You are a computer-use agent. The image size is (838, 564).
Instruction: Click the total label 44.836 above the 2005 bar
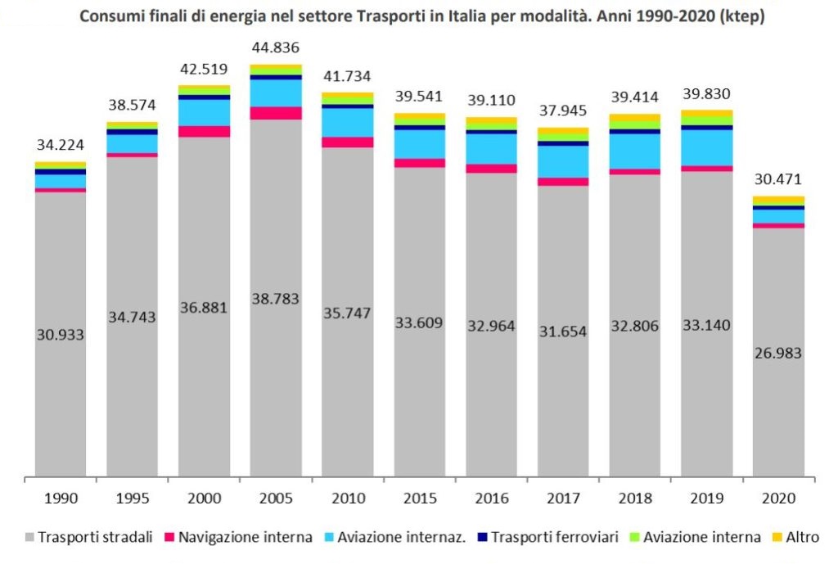275,47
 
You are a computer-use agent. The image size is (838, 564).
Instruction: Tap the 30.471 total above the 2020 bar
778,179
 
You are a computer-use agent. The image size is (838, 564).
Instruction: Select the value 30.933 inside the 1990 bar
60,334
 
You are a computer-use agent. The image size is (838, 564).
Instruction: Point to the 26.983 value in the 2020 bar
778,353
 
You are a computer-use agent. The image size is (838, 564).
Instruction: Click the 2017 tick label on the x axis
562,496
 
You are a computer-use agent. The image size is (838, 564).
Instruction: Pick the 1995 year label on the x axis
132,496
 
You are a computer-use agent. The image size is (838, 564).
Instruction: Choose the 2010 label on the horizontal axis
347,496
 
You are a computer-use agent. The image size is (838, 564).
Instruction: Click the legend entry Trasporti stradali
89,537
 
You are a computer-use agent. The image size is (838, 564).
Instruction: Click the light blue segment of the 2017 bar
563,161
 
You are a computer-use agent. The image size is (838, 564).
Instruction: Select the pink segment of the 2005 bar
275,113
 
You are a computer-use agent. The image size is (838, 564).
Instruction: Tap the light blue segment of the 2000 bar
204,112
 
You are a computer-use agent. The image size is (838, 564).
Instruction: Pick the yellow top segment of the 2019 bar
706,113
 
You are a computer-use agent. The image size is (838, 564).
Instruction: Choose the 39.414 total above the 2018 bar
634,97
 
